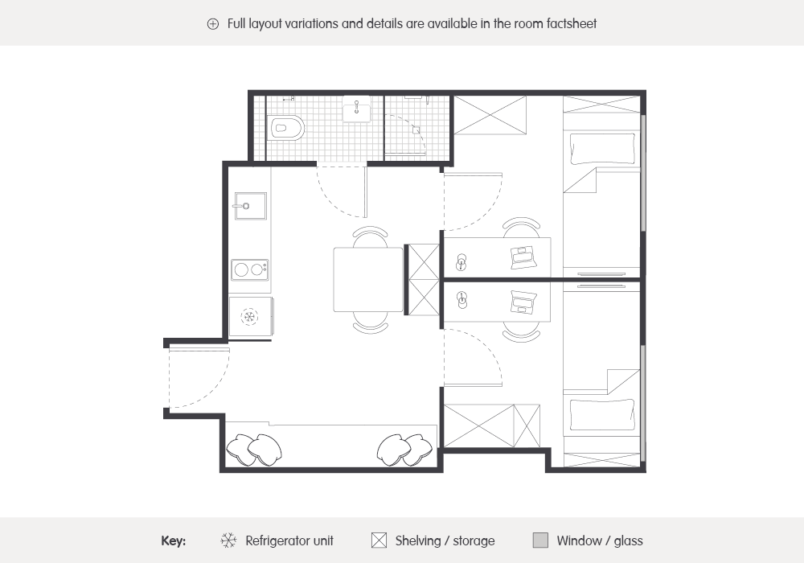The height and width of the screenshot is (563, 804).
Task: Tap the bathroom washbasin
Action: pos(356,109)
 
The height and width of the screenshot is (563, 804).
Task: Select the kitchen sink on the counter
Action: pos(250,206)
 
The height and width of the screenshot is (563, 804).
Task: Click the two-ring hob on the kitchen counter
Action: pos(250,269)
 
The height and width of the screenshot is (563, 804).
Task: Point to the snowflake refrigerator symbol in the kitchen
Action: pos(249,316)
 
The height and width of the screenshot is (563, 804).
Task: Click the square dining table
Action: pos(368,279)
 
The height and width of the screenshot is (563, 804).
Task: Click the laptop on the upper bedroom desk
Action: pos(524,257)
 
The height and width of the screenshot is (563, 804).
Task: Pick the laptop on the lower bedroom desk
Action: pos(524,302)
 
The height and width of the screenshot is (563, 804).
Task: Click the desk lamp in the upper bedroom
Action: pos(461,262)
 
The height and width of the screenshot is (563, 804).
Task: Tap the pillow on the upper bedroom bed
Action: pos(603,149)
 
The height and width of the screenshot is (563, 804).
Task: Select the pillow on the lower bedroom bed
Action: pos(603,415)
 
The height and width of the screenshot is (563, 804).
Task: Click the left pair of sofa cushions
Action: pos(254,450)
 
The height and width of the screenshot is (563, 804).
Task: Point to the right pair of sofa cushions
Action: pos(404,450)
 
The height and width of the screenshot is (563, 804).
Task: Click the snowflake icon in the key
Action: pos(228,540)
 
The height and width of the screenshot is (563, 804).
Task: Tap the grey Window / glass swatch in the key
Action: pos(540,540)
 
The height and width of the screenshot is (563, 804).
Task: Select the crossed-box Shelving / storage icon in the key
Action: pos(379,540)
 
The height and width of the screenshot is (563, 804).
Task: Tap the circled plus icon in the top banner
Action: pos(213,24)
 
